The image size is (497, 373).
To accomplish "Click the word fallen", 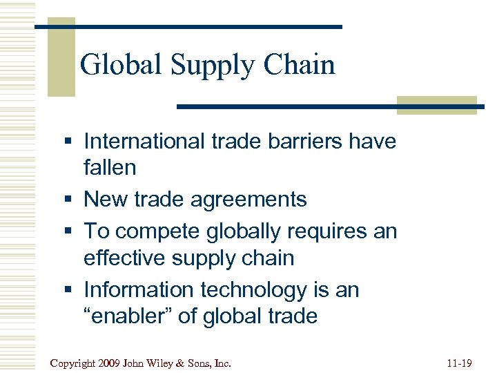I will coord(110,167).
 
